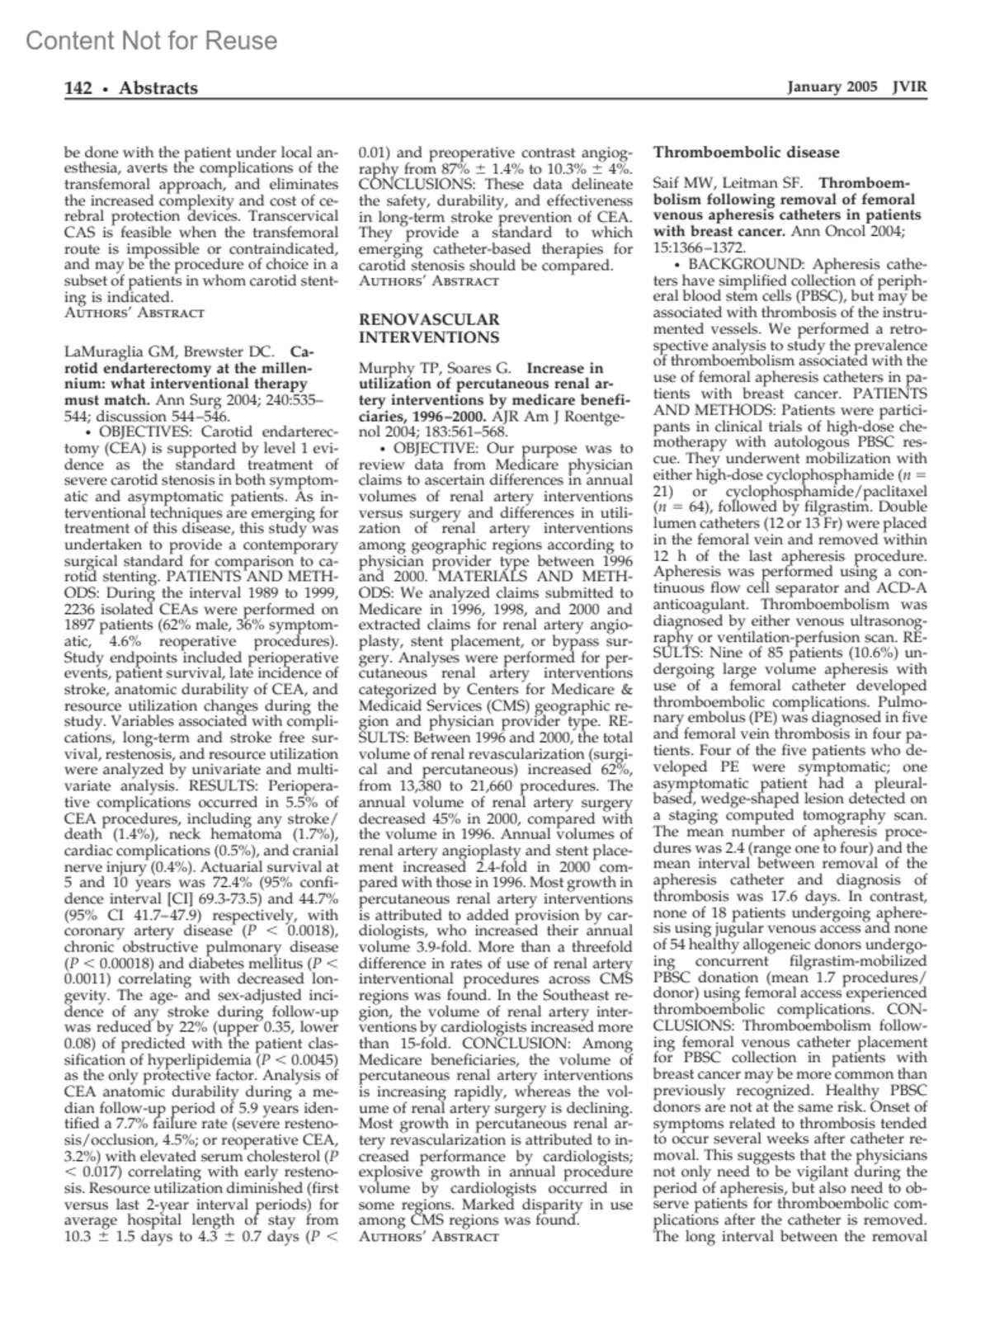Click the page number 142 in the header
click(78, 88)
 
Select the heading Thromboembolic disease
click(746, 153)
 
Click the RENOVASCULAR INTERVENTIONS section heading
click(429, 328)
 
